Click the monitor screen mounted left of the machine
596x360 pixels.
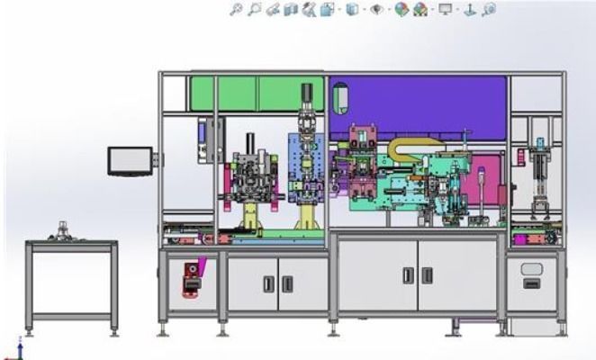130,161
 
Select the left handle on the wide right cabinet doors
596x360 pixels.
407,275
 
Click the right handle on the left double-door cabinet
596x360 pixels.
287,283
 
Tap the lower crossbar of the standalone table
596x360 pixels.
72,315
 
